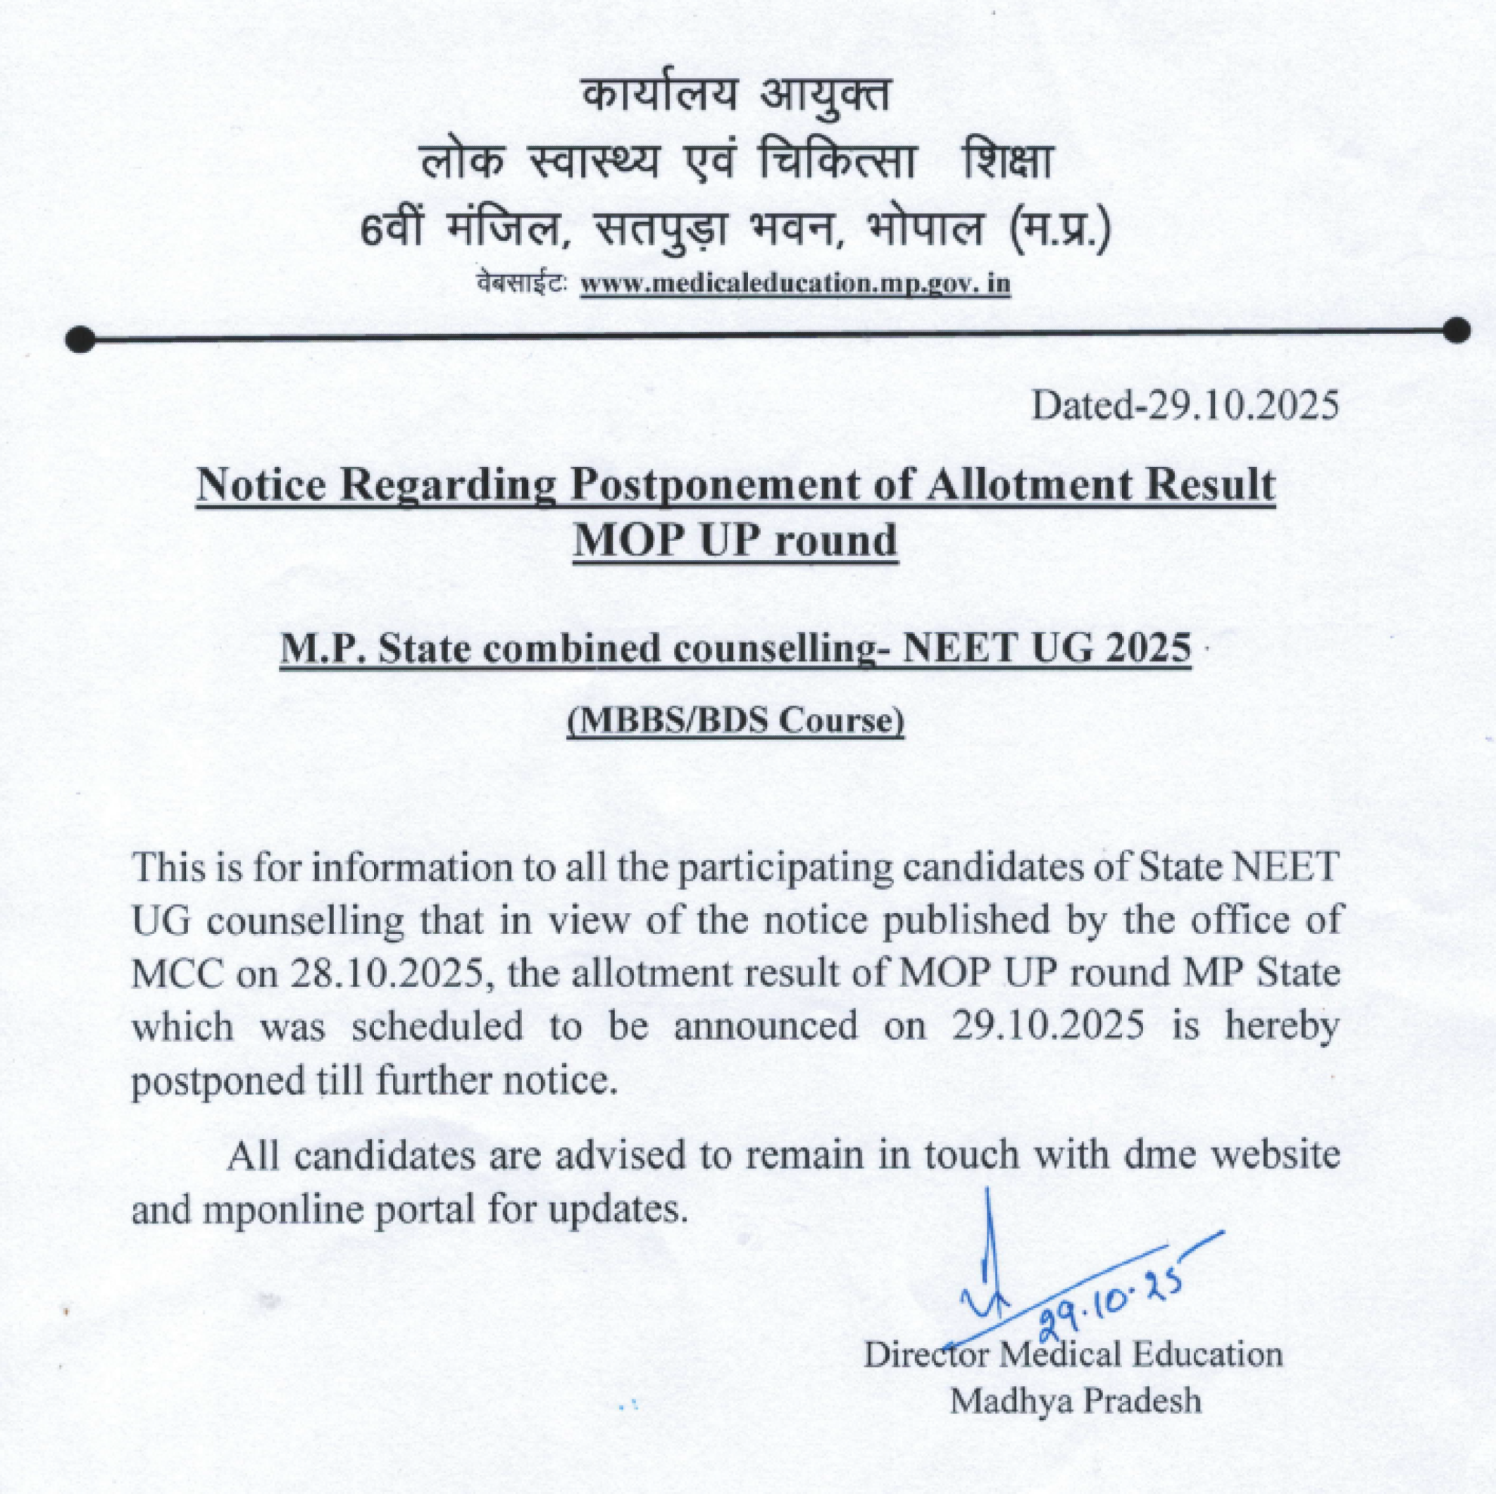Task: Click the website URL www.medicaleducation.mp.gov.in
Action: pos(796,284)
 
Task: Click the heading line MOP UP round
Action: pos(735,540)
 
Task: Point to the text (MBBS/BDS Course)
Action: pos(736,721)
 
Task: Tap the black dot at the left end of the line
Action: pos(81,339)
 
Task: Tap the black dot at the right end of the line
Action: pos(1457,330)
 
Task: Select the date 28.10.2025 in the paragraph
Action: pos(394,973)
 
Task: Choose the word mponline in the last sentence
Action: pos(283,1210)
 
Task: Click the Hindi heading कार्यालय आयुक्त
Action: pos(735,97)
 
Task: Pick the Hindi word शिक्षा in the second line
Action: pos(1005,163)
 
